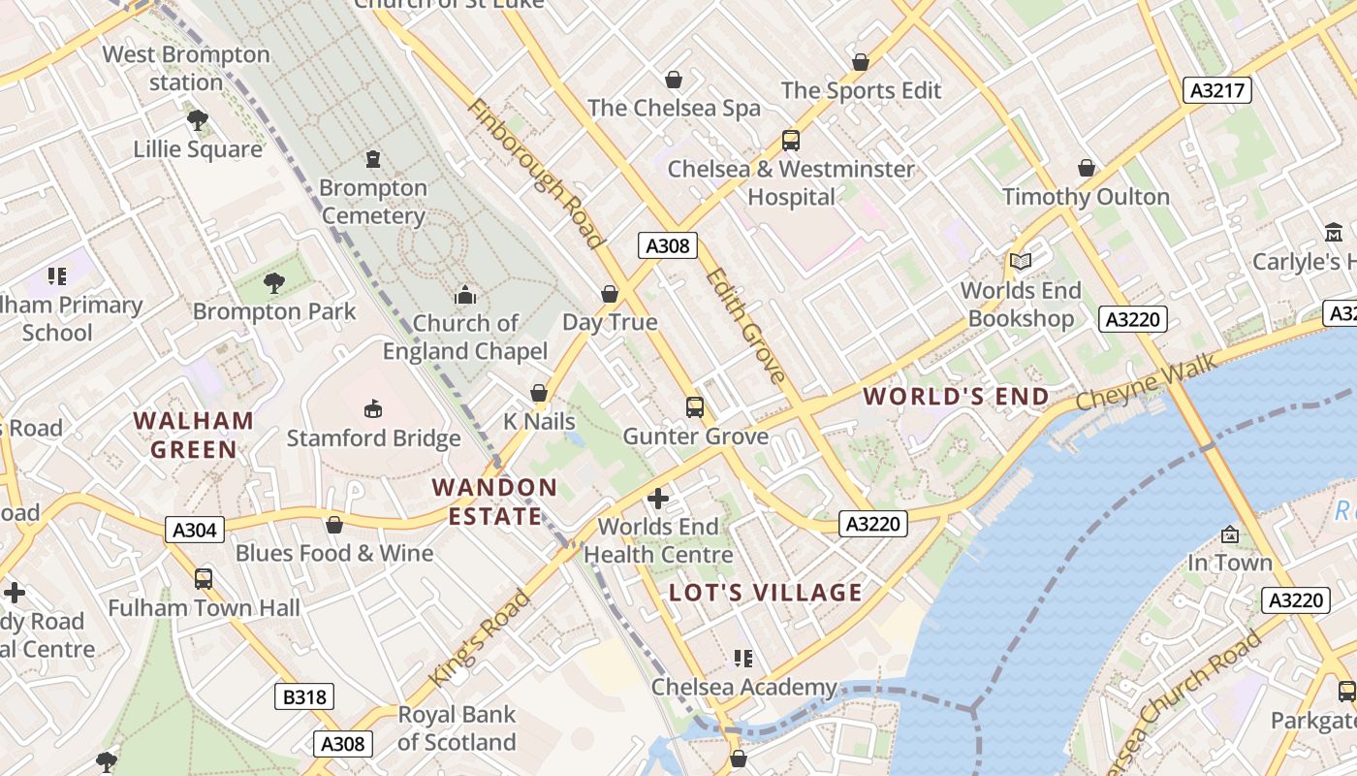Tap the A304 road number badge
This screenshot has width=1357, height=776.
[x=195, y=530]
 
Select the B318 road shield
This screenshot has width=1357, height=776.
[x=303, y=696]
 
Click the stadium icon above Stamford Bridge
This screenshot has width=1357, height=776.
[x=373, y=409]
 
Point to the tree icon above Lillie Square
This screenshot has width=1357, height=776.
[x=198, y=120]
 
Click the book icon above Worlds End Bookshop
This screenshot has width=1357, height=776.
[x=1020, y=261]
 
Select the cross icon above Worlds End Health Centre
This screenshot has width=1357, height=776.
[x=658, y=500]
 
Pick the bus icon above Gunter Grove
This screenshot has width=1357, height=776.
[x=695, y=407]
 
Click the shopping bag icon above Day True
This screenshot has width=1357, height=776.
[x=610, y=294]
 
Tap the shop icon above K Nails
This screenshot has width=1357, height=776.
[x=539, y=393]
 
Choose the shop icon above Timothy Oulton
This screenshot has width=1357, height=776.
[x=1087, y=168]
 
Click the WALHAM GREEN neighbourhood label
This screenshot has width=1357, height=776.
[x=194, y=435]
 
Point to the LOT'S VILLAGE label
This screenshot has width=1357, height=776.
[x=766, y=593]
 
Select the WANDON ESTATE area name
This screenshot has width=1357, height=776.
[x=494, y=501]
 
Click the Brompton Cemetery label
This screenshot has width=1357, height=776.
[x=373, y=202]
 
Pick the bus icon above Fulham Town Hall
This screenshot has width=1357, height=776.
[x=204, y=579]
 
